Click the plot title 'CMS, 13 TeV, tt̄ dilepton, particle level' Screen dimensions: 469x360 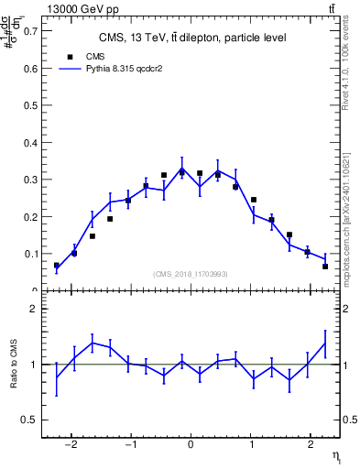click(192, 38)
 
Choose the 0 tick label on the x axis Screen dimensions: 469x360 click(191, 446)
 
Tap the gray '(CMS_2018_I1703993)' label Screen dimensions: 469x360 click(191, 274)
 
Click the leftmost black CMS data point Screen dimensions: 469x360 click(57, 265)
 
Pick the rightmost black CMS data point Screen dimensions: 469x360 click(325, 267)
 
